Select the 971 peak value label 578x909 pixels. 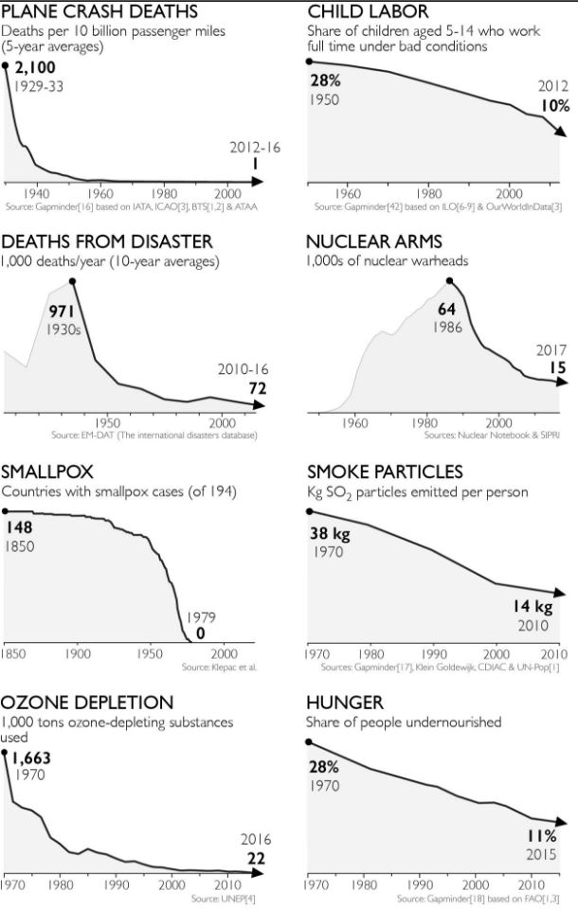61,312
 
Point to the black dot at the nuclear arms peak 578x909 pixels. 450,279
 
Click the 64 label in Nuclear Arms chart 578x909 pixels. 447,308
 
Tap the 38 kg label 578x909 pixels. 330,534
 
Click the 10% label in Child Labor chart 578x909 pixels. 555,106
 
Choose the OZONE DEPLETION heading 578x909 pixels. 87,702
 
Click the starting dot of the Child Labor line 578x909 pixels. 308,62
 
